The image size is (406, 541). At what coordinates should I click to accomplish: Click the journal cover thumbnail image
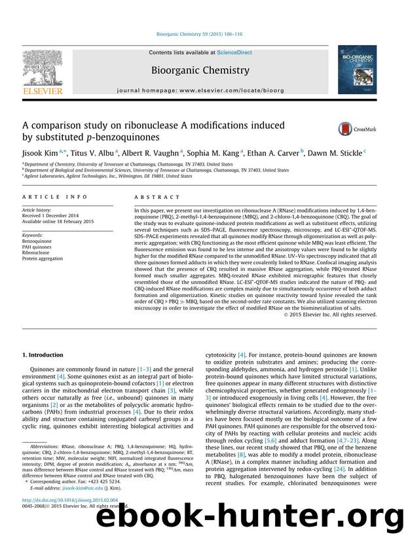click(357, 71)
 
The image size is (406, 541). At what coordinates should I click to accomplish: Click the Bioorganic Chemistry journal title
click(200, 70)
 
